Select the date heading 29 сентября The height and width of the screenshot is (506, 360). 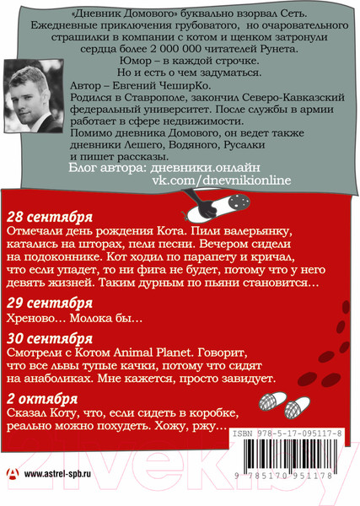50,302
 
